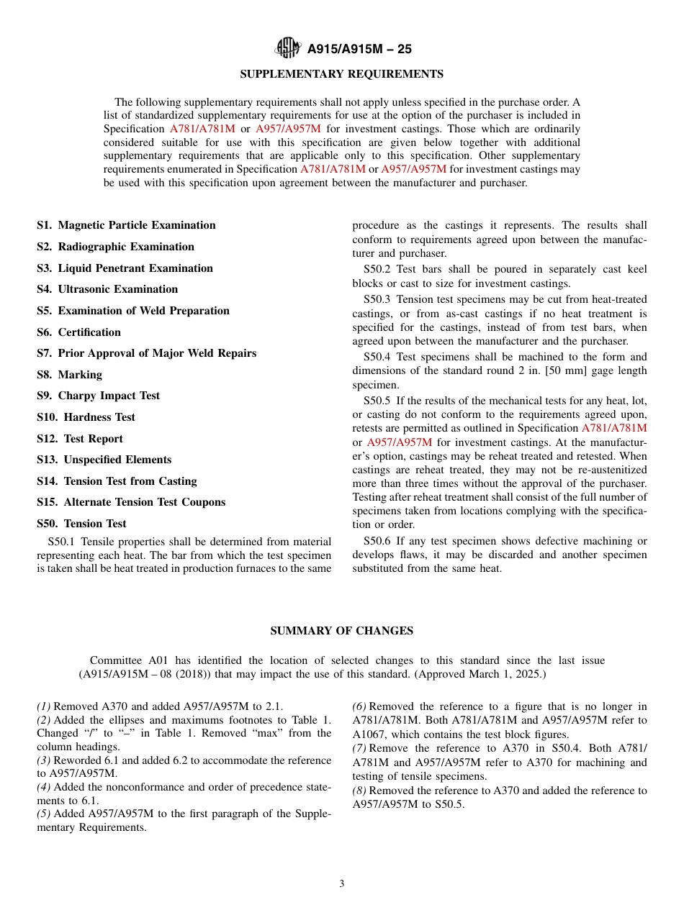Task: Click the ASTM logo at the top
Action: (x=288, y=49)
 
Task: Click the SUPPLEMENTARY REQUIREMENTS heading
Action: (x=341, y=74)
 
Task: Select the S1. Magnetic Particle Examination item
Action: (x=126, y=225)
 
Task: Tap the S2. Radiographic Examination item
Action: (x=115, y=247)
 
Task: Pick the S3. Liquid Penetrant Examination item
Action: (x=125, y=268)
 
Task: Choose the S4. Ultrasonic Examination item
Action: (x=107, y=289)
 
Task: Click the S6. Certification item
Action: (x=78, y=332)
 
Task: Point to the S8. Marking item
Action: (x=69, y=375)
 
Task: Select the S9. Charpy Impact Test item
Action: (x=98, y=396)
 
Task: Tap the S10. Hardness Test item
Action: (x=86, y=417)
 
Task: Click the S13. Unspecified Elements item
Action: (x=104, y=460)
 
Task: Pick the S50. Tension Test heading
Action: (x=81, y=524)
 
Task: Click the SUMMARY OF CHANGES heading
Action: (x=341, y=631)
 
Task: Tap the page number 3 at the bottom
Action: (x=342, y=884)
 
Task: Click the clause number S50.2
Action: (x=377, y=270)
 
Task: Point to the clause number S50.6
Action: (x=377, y=541)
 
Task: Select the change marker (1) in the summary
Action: (x=44, y=707)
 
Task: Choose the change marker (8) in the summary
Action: (x=359, y=791)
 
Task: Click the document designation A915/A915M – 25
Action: (x=359, y=50)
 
